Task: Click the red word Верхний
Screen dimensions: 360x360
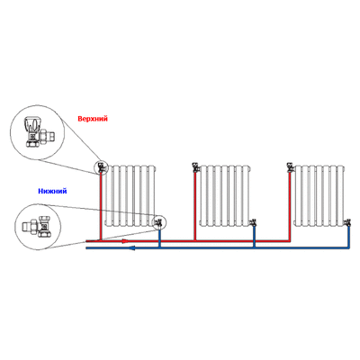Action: pos(93,119)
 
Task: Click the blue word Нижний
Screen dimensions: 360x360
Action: pos(52,191)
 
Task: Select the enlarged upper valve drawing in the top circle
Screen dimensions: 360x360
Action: pos(40,131)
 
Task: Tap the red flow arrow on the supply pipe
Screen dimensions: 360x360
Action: pos(125,241)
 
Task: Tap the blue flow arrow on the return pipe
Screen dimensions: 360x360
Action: pos(132,247)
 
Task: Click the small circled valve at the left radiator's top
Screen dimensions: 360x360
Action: pos(102,166)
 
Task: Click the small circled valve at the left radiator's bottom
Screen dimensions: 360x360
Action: pos(158,222)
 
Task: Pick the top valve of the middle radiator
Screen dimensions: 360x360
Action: pos(196,166)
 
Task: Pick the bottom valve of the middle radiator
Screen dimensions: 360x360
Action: pos(253,222)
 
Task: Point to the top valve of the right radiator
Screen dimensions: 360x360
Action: pos(291,166)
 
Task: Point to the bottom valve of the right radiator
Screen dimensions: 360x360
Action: pos(347,222)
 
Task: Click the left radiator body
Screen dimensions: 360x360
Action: pos(130,195)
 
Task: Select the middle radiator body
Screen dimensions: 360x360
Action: pos(224,195)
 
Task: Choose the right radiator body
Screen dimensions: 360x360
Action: pos(319,195)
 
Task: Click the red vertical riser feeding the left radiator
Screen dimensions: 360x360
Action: pos(101,206)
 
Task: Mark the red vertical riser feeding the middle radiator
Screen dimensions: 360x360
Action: pos(195,206)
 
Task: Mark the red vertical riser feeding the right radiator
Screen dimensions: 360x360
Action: pos(290,206)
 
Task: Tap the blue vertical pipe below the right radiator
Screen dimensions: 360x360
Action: pos(348,237)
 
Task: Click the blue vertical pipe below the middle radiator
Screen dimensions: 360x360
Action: pos(254,237)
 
